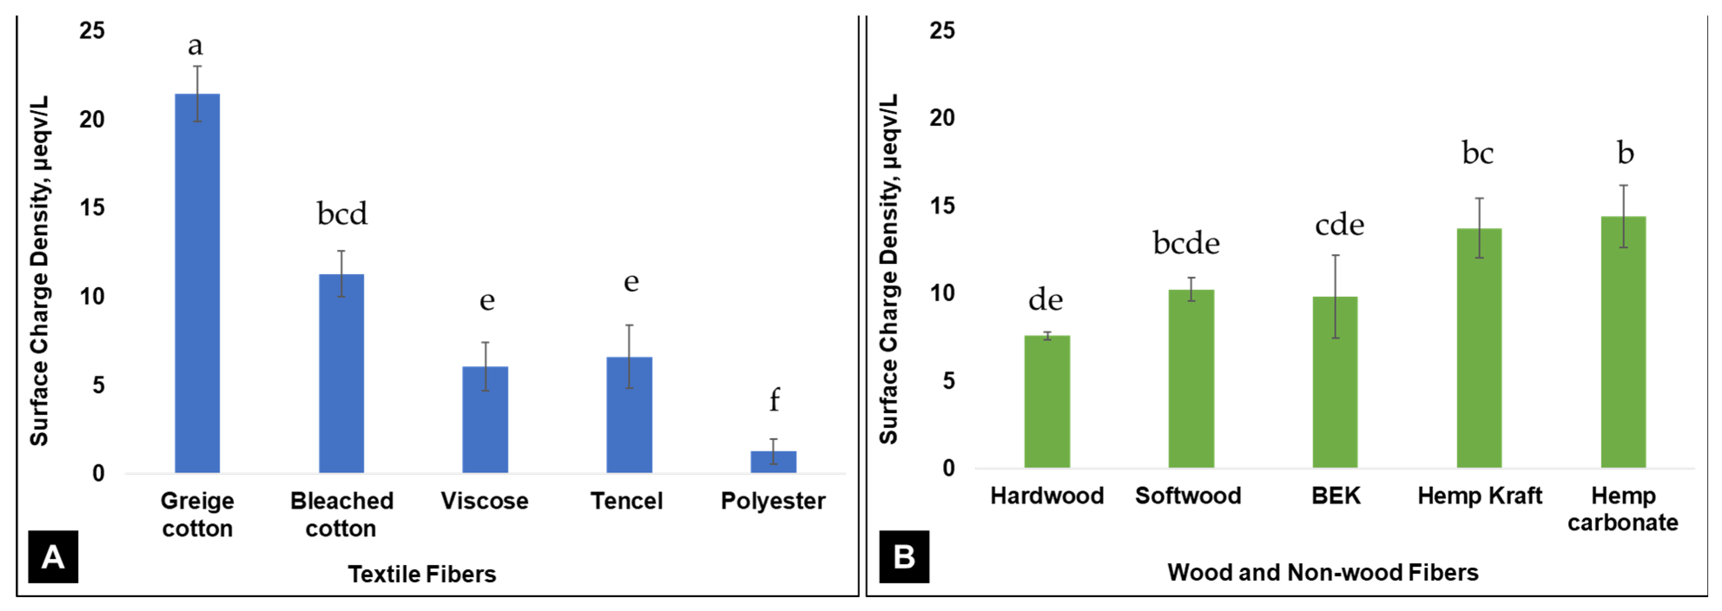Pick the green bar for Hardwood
tap(1047, 401)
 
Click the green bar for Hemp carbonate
tap(1623, 342)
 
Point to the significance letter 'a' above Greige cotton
tap(195, 46)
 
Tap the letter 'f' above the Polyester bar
tap(774, 400)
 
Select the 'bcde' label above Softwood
tap(1186, 243)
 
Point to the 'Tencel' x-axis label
tap(626, 501)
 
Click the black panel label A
tap(53, 556)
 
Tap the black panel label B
tap(904, 556)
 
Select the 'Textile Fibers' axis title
tap(422, 574)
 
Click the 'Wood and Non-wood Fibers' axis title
tap(1322, 572)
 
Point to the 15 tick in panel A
tap(92, 208)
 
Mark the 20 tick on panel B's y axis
tap(942, 118)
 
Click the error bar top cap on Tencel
tap(629, 325)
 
